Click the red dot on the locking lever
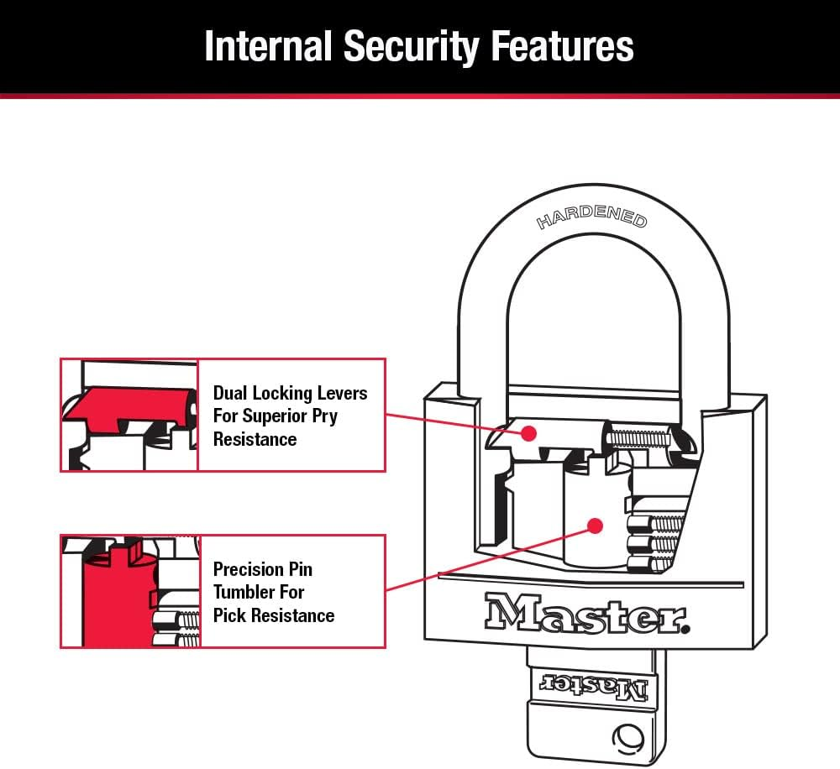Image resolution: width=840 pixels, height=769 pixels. coord(528,433)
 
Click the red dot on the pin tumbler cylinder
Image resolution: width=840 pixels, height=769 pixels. coord(596,526)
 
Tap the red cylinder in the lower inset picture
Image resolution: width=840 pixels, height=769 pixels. coord(108,596)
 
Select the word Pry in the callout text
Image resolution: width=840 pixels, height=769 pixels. coord(325,416)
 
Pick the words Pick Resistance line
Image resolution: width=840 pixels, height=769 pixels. coord(273,615)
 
